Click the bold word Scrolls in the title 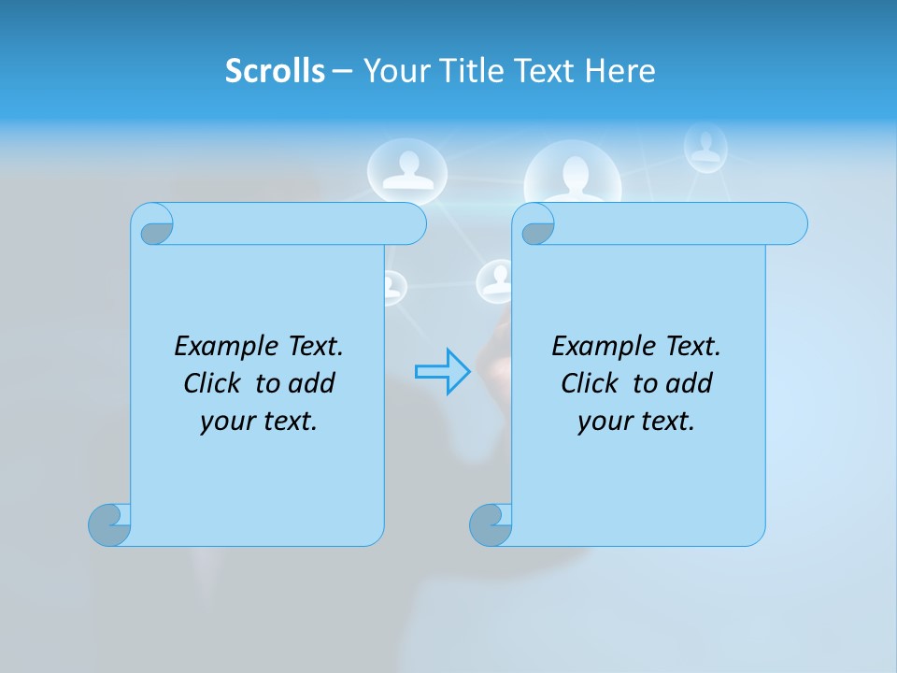(275, 71)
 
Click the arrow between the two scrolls (442, 371)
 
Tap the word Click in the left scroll (215, 383)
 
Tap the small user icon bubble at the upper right (705, 147)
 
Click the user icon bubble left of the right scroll (495, 279)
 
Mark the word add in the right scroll (690, 383)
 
